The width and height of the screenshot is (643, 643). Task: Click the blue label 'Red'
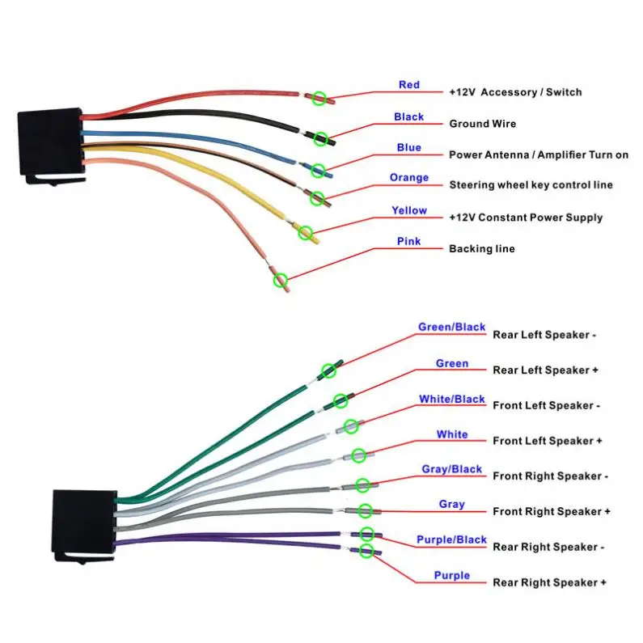[408, 85]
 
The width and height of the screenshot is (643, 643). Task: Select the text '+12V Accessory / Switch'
[515, 92]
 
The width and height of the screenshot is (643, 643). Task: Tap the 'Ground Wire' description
[482, 124]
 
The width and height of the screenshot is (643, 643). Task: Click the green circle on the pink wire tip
[281, 281]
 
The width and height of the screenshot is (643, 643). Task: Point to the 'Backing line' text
[482, 248]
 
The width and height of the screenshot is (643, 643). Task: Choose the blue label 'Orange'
[408, 178]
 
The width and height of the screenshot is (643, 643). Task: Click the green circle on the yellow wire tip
[305, 233]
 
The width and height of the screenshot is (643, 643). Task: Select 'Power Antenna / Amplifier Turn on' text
[539, 154]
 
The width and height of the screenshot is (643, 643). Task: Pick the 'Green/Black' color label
[451, 328]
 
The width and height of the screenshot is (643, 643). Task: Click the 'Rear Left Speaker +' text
[545, 370]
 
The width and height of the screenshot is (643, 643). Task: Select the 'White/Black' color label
[451, 399]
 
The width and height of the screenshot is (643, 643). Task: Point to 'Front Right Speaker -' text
[550, 476]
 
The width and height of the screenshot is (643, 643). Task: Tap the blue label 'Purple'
[451, 575]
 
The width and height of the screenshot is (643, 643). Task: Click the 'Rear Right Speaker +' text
[549, 582]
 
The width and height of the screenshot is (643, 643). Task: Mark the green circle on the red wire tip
[319, 98]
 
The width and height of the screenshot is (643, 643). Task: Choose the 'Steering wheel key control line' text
[531, 185]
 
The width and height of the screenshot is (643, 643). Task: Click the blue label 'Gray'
[451, 504]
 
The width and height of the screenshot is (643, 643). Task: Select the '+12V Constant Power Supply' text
[526, 218]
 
